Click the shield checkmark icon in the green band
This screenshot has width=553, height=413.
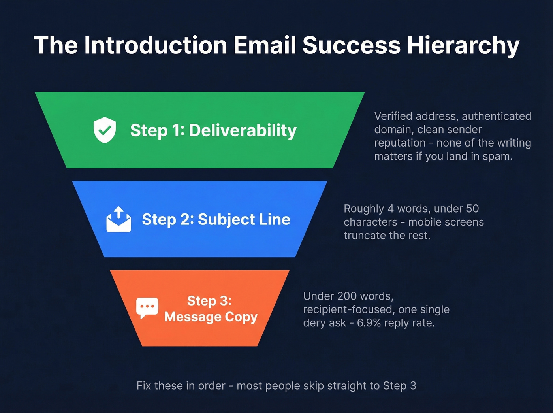[105, 130]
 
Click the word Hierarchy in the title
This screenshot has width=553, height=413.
[463, 45]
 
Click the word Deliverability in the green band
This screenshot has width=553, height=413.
[243, 130]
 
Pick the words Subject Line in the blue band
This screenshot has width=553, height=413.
[244, 219]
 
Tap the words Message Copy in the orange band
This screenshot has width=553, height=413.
[211, 317]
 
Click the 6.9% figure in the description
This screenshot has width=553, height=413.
[369, 323]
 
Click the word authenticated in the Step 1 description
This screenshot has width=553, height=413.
[497, 116]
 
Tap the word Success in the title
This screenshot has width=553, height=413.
[352, 45]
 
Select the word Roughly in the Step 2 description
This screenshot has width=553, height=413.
[364, 209]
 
